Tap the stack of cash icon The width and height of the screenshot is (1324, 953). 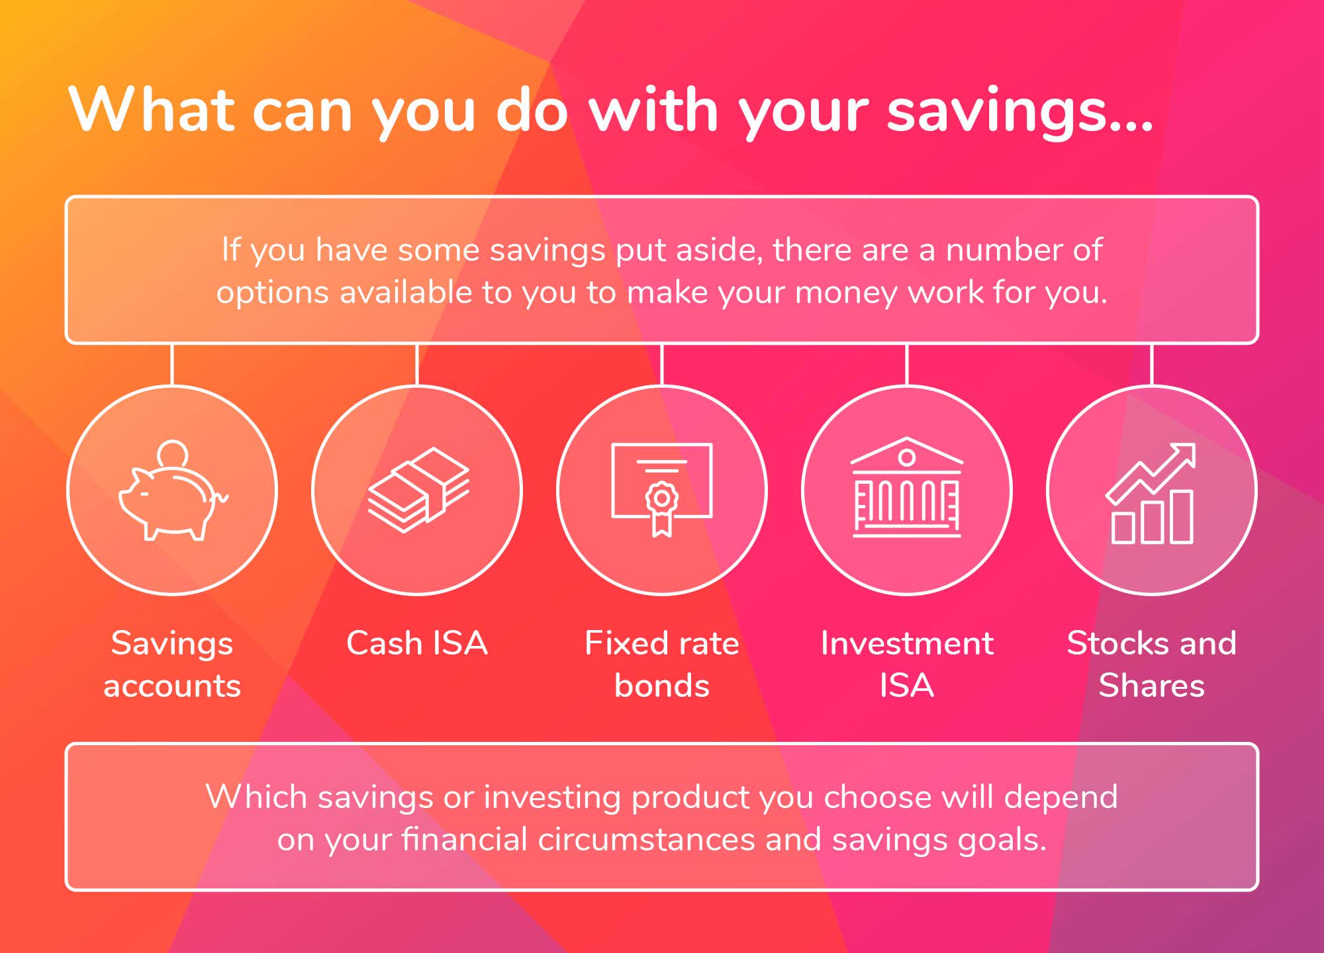point(418,490)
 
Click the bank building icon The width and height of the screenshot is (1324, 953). point(907,487)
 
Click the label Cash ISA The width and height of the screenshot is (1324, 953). point(417,643)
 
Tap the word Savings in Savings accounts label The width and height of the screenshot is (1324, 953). point(172,644)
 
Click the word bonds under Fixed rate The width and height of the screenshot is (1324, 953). point(662,685)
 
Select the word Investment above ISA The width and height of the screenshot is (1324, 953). point(907,643)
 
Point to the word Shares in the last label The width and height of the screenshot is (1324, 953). point(1152,685)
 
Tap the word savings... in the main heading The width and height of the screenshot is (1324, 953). point(1020,113)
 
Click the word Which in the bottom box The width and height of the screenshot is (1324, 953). point(256,796)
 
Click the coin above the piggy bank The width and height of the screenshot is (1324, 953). point(173,455)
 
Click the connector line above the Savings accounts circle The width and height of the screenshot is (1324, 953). point(172,364)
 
